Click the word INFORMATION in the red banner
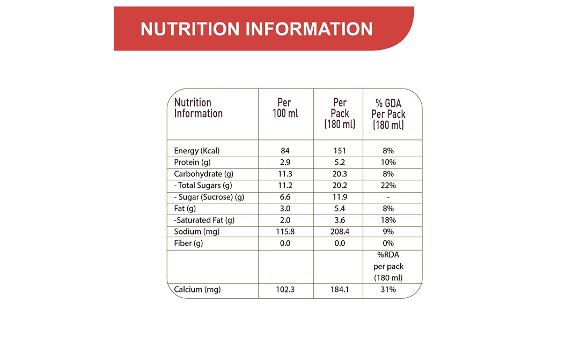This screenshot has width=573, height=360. (x=309, y=28)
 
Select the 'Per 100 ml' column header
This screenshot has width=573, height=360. (x=284, y=108)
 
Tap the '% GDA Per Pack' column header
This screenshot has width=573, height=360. (x=388, y=114)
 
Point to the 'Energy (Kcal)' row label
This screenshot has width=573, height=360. (x=197, y=151)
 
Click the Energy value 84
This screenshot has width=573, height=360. (x=285, y=151)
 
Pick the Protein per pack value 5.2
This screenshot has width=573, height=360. (x=340, y=162)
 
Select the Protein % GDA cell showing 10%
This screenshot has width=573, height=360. (x=388, y=162)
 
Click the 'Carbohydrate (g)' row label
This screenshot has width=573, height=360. (x=203, y=174)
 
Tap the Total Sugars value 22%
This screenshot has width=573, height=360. (x=388, y=186)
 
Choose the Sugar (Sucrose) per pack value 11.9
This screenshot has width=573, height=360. (x=340, y=197)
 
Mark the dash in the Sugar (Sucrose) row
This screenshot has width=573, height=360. (x=388, y=197)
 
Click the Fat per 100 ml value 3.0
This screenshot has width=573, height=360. (x=285, y=208)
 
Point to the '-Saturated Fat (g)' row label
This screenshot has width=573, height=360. (x=204, y=220)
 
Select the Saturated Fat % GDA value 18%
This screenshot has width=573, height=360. (x=388, y=220)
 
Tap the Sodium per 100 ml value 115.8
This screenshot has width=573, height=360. (x=285, y=232)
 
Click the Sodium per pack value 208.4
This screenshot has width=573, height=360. (x=340, y=232)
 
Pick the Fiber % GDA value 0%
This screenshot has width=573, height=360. (x=388, y=243)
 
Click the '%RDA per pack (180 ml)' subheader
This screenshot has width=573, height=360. (x=388, y=267)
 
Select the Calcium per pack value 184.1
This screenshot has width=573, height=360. (x=340, y=290)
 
